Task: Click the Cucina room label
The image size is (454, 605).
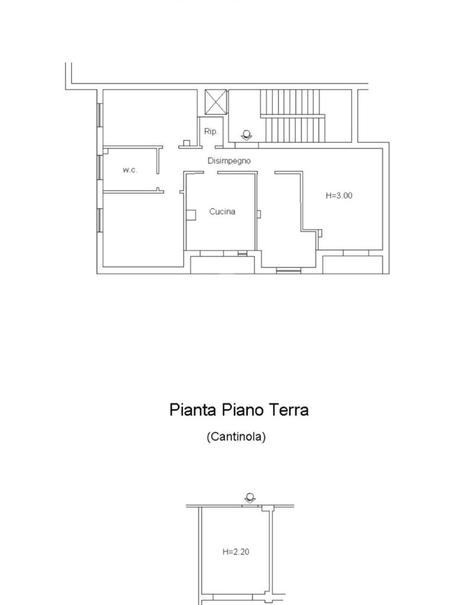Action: click(x=222, y=212)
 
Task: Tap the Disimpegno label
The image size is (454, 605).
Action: click(x=229, y=161)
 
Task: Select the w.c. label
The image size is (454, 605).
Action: click(x=130, y=170)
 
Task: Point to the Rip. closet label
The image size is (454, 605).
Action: click(x=211, y=131)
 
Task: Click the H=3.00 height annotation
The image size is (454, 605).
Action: click(x=339, y=196)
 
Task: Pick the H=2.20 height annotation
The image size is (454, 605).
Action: click(x=235, y=552)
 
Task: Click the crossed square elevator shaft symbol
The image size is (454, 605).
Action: click(x=216, y=102)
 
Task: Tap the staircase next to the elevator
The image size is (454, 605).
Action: click(x=292, y=116)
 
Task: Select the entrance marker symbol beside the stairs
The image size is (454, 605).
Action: click(x=247, y=135)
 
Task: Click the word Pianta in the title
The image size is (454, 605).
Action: click(x=193, y=409)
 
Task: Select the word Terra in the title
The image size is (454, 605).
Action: click(x=288, y=409)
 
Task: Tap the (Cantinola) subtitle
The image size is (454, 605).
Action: click(x=236, y=437)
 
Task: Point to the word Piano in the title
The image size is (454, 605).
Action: click(x=242, y=409)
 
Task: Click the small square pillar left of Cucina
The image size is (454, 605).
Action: click(x=191, y=215)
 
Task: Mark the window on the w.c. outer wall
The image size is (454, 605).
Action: click(x=100, y=167)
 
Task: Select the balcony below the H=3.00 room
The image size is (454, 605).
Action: click(x=352, y=265)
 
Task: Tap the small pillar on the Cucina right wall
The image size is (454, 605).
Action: click(x=259, y=214)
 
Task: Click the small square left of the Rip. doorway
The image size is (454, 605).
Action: click(x=186, y=143)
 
